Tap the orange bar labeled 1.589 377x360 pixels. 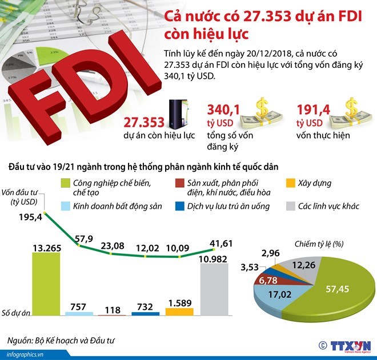[179, 312]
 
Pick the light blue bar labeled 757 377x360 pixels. [79, 314]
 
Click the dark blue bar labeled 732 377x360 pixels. [145, 313]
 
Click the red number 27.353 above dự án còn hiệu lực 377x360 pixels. [143, 122]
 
